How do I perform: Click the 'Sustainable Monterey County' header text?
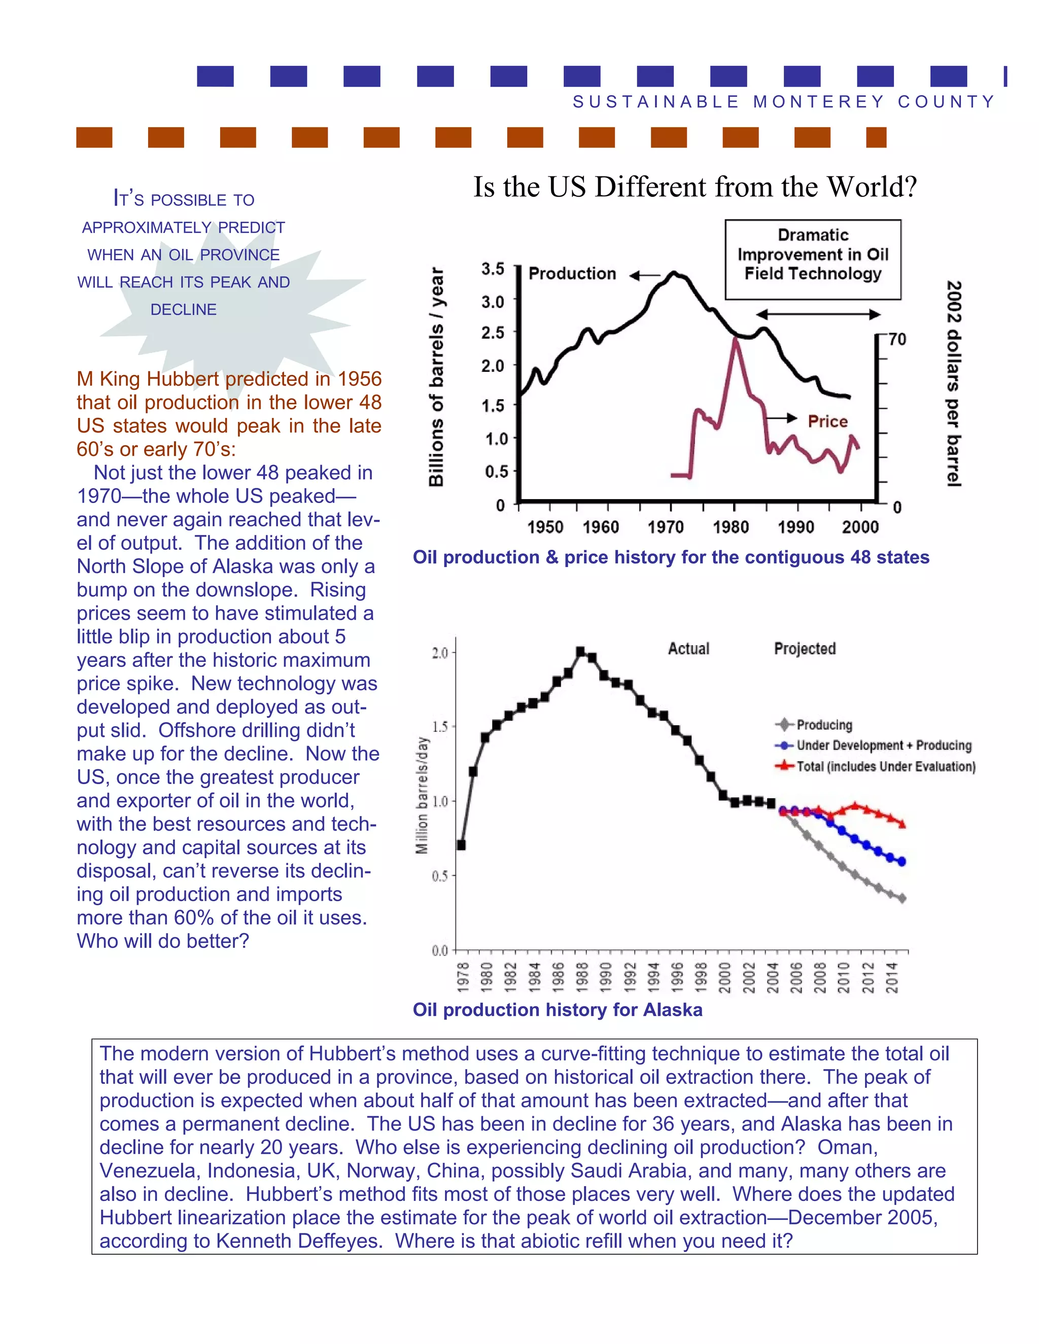(x=783, y=101)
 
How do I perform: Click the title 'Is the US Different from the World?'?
(x=695, y=187)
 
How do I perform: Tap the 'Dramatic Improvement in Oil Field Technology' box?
(x=813, y=259)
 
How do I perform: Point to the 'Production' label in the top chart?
(x=572, y=274)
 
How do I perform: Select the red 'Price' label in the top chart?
(x=827, y=421)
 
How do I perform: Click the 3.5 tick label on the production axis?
(x=493, y=269)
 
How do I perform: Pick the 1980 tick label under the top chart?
(x=731, y=527)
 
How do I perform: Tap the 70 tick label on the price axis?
(x=897, y=339)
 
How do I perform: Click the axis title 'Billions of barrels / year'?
(x=436, y=377)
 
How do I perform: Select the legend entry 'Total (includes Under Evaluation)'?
(x=885, y=766)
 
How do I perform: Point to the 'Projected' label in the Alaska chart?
(x=805, y=649)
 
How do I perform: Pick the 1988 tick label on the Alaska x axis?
(x=581, y=977)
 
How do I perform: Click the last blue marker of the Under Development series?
(x=902, y=862)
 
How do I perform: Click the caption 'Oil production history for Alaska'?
(x=557, y=1010)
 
